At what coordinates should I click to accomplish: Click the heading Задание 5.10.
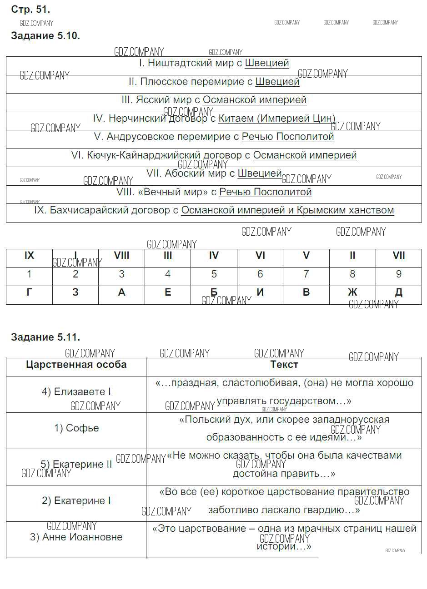pos(45,36)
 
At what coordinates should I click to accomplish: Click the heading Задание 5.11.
pos(45,337)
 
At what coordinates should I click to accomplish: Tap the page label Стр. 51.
pos(30,9)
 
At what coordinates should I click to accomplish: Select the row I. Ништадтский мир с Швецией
pos(214,64)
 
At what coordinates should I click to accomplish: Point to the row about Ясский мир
pos(214,100)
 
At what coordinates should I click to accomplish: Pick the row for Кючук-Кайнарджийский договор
pos(214,155)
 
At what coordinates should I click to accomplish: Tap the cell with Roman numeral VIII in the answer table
pos(121,256)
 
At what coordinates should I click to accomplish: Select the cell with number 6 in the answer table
pos(260,274)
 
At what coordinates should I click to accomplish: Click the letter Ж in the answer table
pos(352,292)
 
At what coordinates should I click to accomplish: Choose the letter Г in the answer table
pos(30,292)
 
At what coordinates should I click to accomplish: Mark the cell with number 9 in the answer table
pos(399,274)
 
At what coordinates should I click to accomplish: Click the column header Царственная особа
pos(76,365)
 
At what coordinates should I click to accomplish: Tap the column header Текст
pos(284,365)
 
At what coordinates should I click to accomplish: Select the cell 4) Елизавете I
pos(76,392)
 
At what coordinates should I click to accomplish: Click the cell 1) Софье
pos(76,428)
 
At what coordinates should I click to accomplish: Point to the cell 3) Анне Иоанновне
pos(76,537)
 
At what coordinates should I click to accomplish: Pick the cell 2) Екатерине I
pos(76,501)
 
